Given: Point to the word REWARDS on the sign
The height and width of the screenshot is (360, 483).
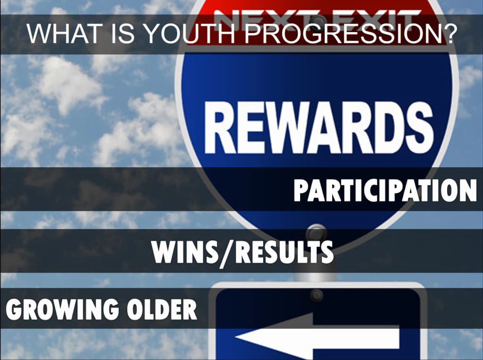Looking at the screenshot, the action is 319,128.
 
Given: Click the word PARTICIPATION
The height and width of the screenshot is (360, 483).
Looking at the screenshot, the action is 385,190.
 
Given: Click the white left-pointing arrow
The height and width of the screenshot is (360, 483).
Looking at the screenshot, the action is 317,336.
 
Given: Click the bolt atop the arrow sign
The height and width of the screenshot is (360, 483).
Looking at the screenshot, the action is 317,295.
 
